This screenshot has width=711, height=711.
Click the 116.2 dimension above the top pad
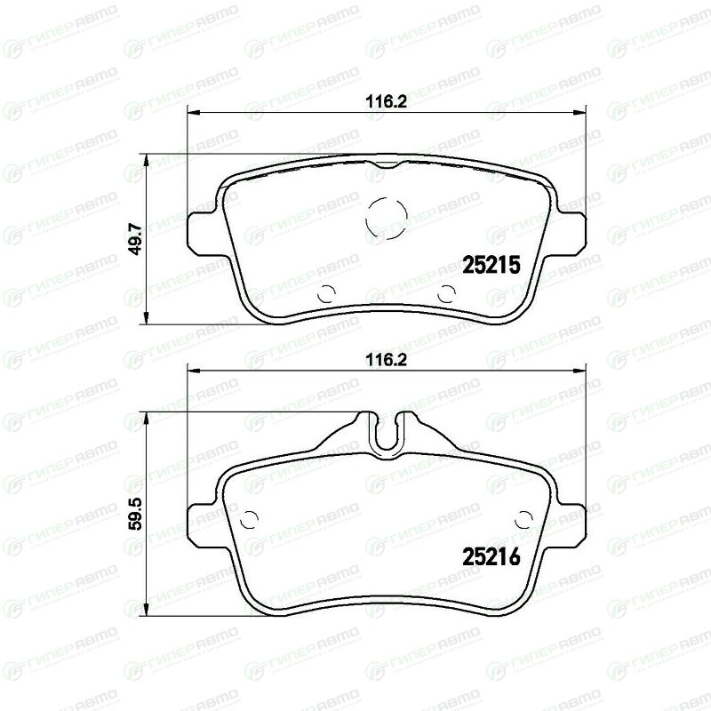pyautogui.click(x=387, y=102)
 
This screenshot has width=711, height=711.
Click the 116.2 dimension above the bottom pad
pyautogui.click(x=387, y=361)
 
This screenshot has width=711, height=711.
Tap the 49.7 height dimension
pyautogui.click(x=136, y=238)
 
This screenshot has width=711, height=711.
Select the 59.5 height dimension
pyautogui.click(x=136, y=514)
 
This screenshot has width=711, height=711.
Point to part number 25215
pyautogui.click(x=491, y=265)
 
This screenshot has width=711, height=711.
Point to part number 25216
pyautogui.click(x=491, y=556)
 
